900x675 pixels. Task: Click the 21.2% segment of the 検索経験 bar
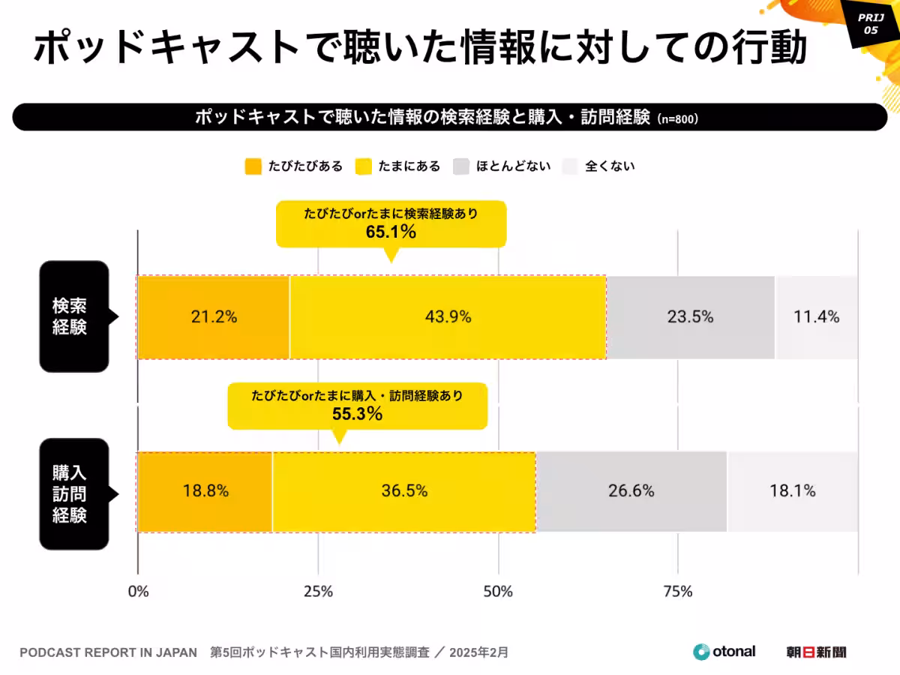213,317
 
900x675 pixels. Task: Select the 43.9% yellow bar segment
448,317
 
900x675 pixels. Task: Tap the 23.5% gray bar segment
691,317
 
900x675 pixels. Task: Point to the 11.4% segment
817,317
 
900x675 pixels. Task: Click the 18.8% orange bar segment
205,492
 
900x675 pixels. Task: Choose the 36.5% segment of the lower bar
404,492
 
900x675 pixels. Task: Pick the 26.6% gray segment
631,492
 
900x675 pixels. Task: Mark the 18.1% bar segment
793,492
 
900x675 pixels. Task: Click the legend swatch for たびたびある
253,166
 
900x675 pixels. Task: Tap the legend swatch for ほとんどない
461,166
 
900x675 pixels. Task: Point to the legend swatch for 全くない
570,166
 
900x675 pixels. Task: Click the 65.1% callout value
391,232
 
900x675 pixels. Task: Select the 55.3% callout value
357,413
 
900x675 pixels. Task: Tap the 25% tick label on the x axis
318,592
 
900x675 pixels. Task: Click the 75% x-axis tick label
678,592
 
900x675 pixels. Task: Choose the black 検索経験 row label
73,316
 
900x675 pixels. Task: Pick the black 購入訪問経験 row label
73,493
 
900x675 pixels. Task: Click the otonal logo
724,652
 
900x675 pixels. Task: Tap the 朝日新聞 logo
816,652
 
